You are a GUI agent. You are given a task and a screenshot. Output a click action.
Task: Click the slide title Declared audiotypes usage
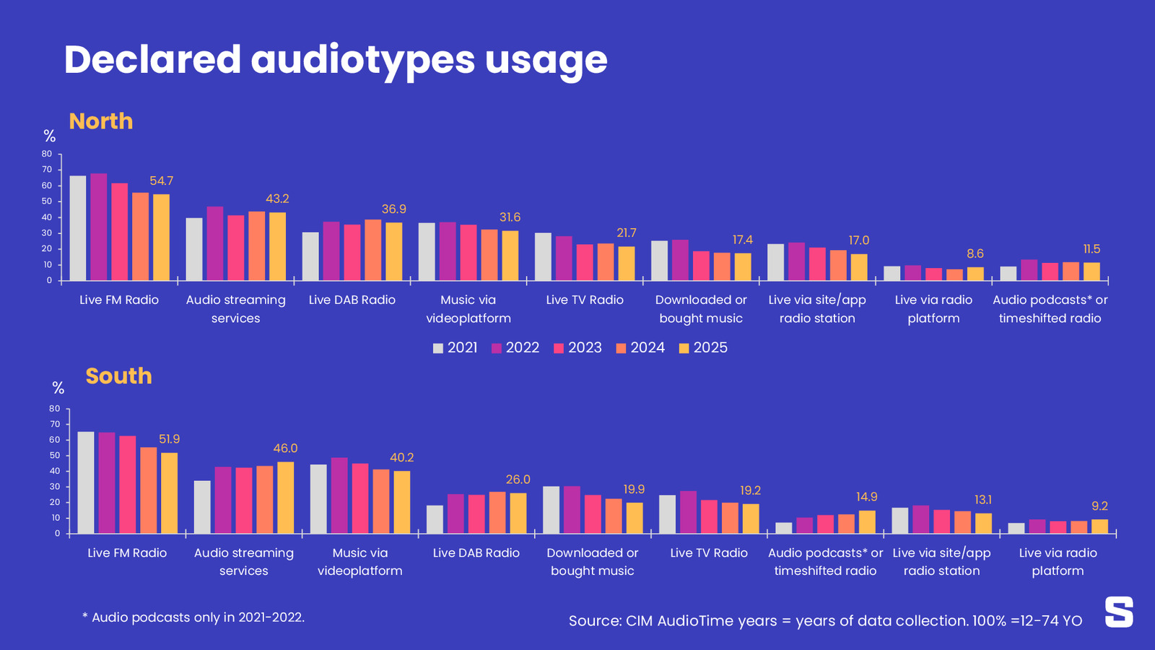tap(336, 59)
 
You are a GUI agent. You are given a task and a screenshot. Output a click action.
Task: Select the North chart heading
tap(101, 121)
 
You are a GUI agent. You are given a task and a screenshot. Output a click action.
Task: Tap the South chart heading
tap(118, 376)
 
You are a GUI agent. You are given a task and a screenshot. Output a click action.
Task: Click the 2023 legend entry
tap(577, 348)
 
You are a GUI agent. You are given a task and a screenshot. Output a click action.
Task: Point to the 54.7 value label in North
tap(161, 181)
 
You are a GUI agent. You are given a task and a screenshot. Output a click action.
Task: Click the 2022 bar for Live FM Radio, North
tap(99, 227)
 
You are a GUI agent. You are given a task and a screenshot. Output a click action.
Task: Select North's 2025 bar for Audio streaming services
tap(277, 246)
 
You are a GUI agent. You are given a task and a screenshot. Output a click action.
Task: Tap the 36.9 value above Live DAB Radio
tap(393, 209)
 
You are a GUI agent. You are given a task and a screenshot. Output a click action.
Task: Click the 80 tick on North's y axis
tap(47, 154)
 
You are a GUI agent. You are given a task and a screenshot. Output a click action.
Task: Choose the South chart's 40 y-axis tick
tap(55, 472)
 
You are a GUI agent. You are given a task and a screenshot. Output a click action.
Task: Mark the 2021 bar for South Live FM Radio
tap(86, 482)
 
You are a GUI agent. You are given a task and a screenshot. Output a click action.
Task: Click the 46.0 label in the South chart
tap(285, 448)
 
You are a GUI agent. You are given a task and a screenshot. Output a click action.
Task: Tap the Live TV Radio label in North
tap(585, 300)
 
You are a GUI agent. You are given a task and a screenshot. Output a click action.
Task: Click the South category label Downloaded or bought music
tap(593, 562)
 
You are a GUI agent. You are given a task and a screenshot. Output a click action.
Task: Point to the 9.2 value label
tap(1099, 506)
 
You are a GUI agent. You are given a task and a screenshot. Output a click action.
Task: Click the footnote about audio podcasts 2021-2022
tap(193, 617)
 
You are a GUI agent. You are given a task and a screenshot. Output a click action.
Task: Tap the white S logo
tap(1119, 612)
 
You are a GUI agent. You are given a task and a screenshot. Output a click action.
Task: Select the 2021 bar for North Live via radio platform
tap(892, 273)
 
